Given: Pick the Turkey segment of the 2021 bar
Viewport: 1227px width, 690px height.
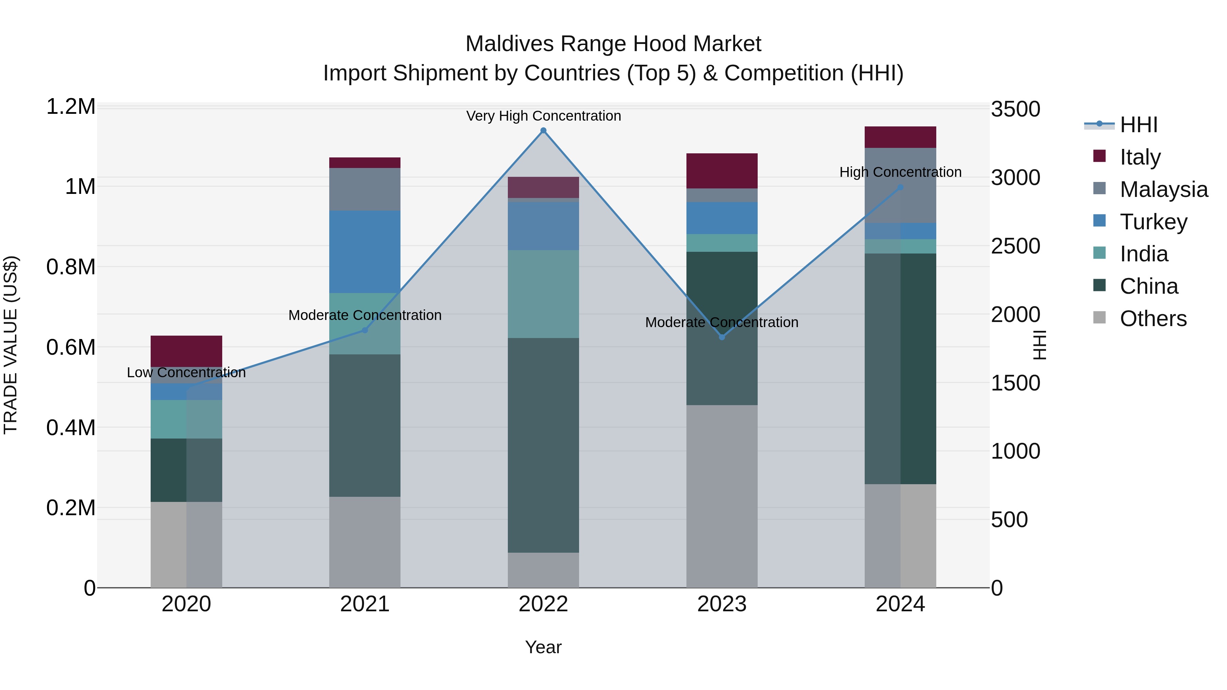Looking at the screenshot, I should (x=365, y=251).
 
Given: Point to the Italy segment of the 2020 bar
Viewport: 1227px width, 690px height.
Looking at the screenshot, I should (x=186, y=351).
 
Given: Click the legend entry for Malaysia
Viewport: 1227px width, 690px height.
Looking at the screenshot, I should (x=1163, y=189).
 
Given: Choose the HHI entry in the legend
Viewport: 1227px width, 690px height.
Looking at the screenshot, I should (x=1138, y=125).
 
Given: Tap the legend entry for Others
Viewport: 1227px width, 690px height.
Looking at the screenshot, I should (x=1153, y=319).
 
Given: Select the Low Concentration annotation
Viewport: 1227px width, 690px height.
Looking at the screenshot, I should (x=186, y=372).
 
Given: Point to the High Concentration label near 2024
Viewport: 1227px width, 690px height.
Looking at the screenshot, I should (x=900, y=172).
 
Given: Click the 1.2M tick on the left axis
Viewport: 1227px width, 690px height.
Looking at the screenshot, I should (x=71, y=107).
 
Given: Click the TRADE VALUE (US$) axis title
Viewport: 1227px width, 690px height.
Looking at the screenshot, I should (x=11, y=345).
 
